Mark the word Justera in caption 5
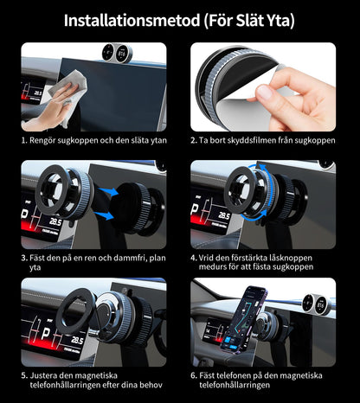48,375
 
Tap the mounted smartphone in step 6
251,314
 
